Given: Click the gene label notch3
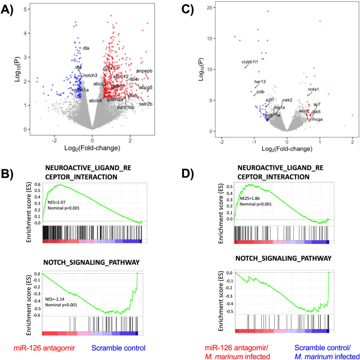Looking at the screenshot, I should click(90, 75).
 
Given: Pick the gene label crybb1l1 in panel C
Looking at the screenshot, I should click(251, 62).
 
